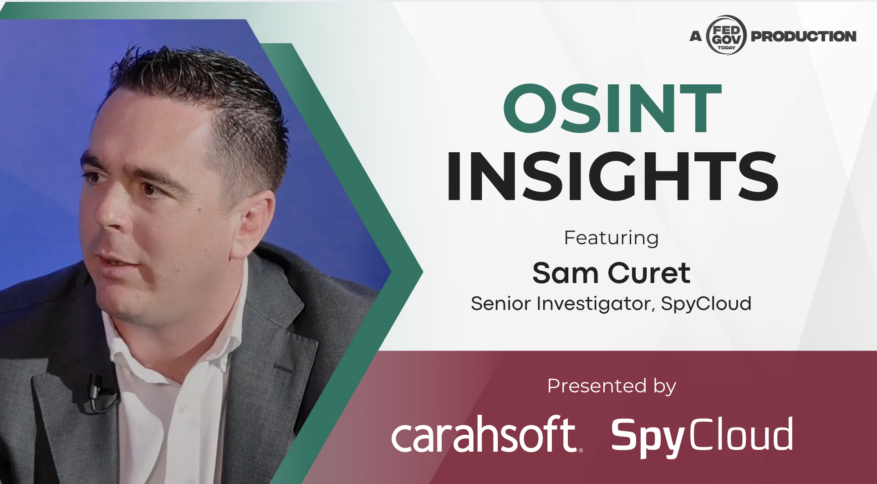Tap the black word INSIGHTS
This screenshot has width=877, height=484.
click(612, 176)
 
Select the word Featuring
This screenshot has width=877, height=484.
click(612, 238)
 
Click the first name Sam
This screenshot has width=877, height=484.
click(565, 273)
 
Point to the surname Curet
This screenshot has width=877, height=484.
click(649, 273)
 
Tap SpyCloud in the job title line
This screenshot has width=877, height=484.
click(706, 304)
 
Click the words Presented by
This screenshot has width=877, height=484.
click(612, 386)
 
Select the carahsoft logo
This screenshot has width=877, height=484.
click(486, 434)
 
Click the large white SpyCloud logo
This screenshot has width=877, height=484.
click(702, 436)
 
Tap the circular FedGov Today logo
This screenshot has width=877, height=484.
click(726, 36)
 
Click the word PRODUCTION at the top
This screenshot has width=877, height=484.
click(804, 36)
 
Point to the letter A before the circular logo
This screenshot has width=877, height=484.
click(696, 36)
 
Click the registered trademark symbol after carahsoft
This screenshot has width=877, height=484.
click(581, 450)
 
